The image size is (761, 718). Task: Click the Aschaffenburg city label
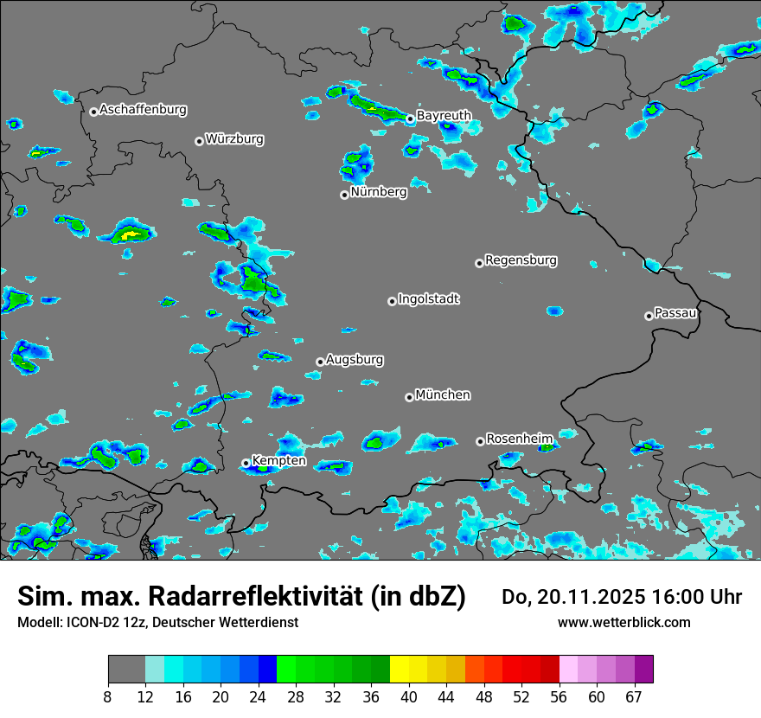(x=143, y=110)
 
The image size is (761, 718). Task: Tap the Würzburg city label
(x=234, y=139)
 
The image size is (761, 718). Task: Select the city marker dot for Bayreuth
(x=411, y=119)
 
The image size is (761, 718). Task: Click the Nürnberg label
(x=379, y=192)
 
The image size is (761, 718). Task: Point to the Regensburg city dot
(x=479, y=263)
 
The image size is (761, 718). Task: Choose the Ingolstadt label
(x=429, y=299)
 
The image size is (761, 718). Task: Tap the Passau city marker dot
(x=649, y=316)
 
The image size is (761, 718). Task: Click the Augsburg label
(x=355, y=360)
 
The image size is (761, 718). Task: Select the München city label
(x=443, y=395)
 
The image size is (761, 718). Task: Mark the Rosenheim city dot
(x=480, y=442)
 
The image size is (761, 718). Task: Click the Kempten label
(x=278, y=461)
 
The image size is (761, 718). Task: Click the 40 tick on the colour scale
(x=409, y=696)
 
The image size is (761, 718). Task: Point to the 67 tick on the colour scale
(x=634, y=696)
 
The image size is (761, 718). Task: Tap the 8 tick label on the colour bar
(x=109, y=696)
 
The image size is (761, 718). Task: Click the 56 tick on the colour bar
(x=560, y=696)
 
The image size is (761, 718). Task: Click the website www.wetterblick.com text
(x=624, y=623)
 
